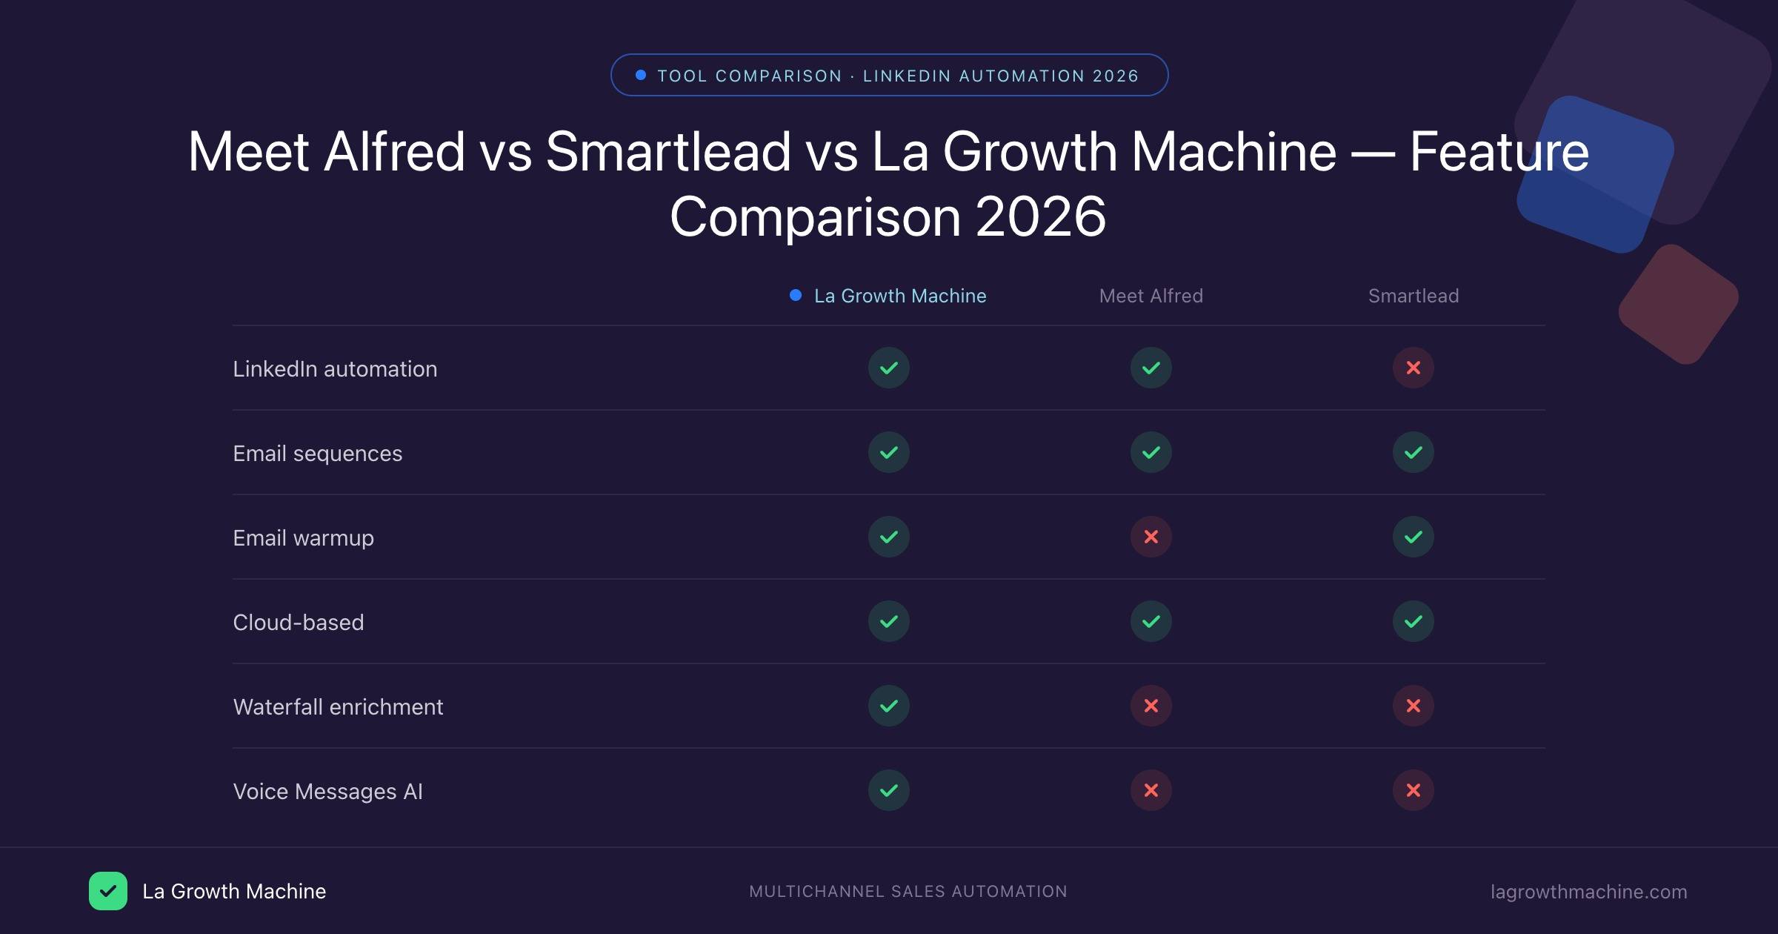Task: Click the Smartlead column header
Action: pos(1413,296)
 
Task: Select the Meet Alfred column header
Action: pos(1151,296)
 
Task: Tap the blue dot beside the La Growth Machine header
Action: pos(796,295)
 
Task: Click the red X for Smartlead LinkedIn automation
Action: pos(1413,368)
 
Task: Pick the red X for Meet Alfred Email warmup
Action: pos(1151,537)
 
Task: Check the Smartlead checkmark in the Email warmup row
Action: pos(1413,537)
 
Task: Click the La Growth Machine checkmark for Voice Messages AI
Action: pos(888,790)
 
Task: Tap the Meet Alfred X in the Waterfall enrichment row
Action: pos(1151,706)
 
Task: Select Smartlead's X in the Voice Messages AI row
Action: pos(1413,790)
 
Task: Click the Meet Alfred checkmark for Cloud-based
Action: pos(1151,621)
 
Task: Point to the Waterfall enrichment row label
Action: pos(338,706)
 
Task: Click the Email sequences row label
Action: pos(317,453)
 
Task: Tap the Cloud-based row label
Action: pos(298,622)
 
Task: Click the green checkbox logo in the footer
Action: pos(108,891)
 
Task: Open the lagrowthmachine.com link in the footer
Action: pos(1588,892)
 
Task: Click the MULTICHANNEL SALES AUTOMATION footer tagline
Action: pos(908,892)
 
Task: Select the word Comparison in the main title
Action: pos(815,216)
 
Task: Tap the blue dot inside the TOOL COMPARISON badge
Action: pos(641,75)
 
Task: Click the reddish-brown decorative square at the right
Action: pos(1678,305)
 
